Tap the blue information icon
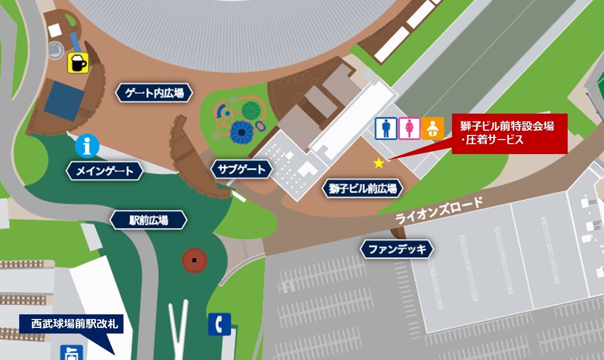(x=87, y=147)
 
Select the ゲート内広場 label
(x=154, y=93)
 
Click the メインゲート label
(x=105, y=171)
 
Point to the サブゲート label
(x=242, y=169)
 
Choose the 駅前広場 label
(x=148, y=220)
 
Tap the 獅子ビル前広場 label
(x=363, y=189)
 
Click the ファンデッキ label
(x=396, y=250)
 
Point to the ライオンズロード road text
(x=439, y=210)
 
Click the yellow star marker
(x=379, y=163)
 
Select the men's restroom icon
(x=386, y=128)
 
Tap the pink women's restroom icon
(x=409, y=128)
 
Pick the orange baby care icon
(x=432, y=128)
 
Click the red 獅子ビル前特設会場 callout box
(x=509, y=133)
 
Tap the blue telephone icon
(x=219, y=325)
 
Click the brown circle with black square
(x=194, y=260)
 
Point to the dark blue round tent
(x=240, y=132)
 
